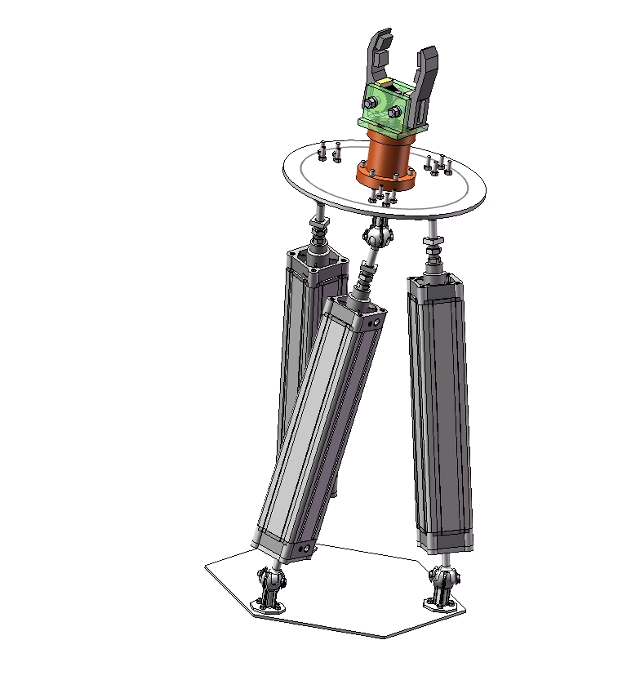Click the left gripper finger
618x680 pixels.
[x=378, y=56]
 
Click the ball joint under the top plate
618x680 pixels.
[x=376, y=237]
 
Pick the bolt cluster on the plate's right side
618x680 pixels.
[x=438, y=165]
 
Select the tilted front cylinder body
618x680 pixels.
[x=318, y=424]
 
